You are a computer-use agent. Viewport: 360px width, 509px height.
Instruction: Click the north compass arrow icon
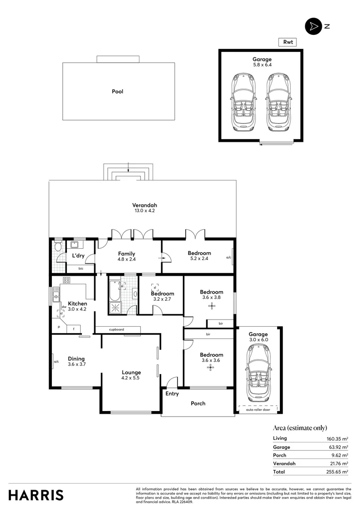pos(312,26)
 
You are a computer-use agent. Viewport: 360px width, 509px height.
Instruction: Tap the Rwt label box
pos(287,42)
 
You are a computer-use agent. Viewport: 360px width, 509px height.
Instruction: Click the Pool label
pos(117,91)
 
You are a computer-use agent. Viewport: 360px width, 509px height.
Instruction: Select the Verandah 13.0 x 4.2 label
pos(144,208)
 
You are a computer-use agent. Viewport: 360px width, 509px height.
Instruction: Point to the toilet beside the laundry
pos(58,247)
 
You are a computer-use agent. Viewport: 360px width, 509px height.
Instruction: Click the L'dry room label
pos(78,255)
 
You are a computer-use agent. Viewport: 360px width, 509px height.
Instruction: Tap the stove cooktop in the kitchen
pos(66,280)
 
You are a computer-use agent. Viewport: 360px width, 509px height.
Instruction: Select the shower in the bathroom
pos(115,308)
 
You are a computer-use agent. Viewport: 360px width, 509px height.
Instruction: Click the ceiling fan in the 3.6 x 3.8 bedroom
pos(211,306)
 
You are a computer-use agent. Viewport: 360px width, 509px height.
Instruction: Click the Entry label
pos(172,394)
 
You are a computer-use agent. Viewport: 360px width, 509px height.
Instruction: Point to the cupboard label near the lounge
pos(116,329)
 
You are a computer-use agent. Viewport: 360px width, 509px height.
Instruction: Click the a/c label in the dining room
pos(56,361)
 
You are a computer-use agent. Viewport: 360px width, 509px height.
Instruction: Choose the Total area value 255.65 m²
pos(338,471)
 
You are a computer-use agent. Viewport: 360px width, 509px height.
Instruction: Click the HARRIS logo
pos(36,495)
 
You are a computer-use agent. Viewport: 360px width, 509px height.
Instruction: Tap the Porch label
pos(198,403)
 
